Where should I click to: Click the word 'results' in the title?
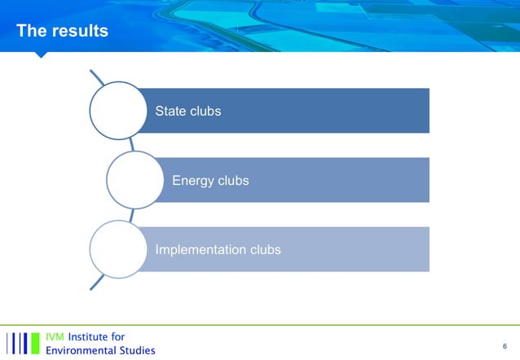pyautogui.click(x=79, y=31)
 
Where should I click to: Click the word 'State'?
pyautogui.click(x=170, y=111)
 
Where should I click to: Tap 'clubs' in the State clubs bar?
pyautogui.click(x=205, y=111)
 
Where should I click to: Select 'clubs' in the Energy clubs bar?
pyautogui.click(x=232, y=180)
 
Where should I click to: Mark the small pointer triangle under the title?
pyautogui.click(x=40, y=55)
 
